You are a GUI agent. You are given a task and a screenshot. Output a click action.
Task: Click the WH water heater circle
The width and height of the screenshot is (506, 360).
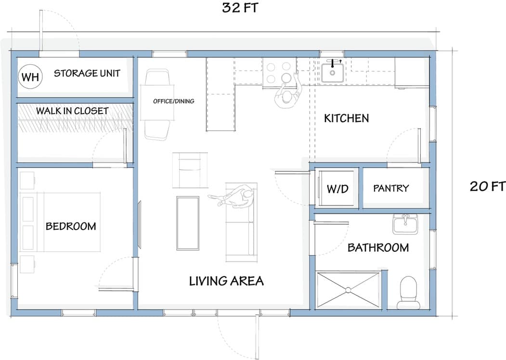click(x=30, y=77)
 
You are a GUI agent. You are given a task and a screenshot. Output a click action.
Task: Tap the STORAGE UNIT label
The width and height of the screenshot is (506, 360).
click(x=87, y=74)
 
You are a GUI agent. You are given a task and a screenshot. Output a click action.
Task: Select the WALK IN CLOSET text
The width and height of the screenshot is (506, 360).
click(x=72, y=111)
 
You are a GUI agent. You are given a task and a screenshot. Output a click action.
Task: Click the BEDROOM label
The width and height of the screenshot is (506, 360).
click(x=70, y=226)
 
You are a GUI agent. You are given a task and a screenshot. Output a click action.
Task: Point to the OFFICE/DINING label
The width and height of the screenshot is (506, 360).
click(x=173, y=101)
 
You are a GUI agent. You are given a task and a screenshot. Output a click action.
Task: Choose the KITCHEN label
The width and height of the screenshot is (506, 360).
click(x=346, y=118)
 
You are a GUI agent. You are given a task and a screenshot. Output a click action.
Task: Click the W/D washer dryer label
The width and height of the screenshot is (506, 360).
click(x=337, y=189)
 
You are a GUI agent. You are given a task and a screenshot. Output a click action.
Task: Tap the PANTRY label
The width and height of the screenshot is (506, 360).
click(x=391, y=188)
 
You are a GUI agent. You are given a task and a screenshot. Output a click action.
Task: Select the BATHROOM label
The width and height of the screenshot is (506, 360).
click(x=378, y=247)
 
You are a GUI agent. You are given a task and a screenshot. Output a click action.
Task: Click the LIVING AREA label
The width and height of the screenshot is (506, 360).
click(x=226, y=281)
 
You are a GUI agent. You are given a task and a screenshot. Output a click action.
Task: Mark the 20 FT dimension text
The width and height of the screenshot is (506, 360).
click(x=487, y=186)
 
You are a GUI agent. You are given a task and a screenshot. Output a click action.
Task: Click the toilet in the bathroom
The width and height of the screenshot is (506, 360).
click(x=408, y=292)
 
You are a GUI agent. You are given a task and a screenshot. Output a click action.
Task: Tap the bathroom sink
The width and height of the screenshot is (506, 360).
click(x=405, y=224)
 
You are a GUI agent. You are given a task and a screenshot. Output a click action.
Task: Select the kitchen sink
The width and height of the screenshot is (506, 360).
click(x=332, y=73)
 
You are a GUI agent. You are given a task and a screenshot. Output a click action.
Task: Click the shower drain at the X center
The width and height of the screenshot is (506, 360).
click(x=348, y=290)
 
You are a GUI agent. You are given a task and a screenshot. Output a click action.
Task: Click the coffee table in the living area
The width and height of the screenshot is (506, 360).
click(x=187, y=223)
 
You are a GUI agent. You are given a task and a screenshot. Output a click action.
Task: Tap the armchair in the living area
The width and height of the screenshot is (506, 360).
click(x=190, y=170)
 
